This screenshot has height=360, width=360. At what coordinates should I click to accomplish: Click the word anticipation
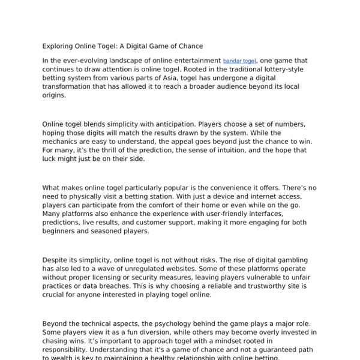170,124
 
